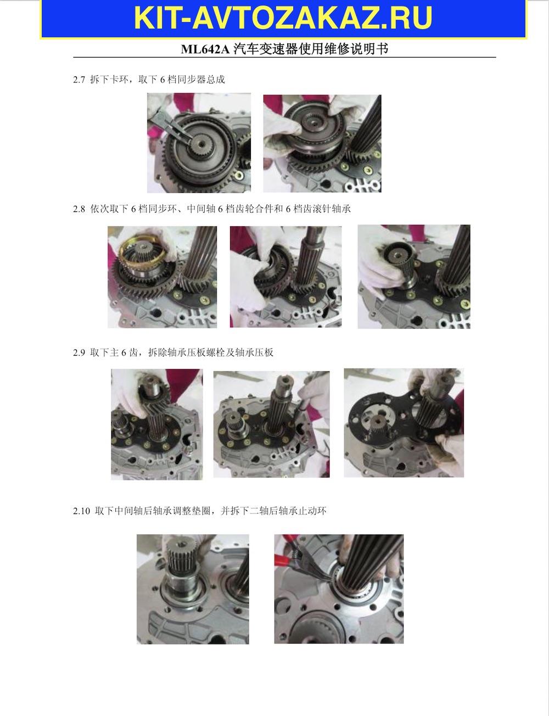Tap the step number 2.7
click(x=79, y=80)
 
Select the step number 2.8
click(x=79, y=209)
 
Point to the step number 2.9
click(x=79, y=353)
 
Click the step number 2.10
click(x=81, y=511)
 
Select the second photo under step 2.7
click(x=322, y=143)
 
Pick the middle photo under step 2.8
click(x=285, y=277)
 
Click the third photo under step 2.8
click(x=414, y=276)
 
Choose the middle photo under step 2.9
click(x=271, y=424)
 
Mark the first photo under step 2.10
click(x=193, y=589)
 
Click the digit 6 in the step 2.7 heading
click(x=163, y=80)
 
